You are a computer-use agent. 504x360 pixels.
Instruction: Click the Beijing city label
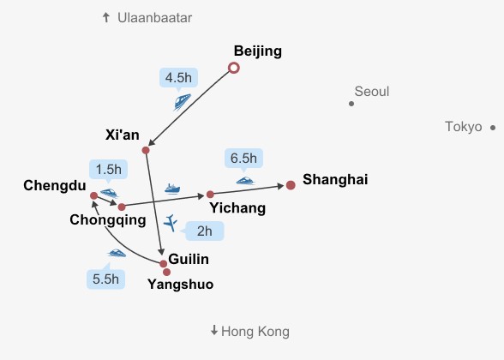click(x=258, y=51)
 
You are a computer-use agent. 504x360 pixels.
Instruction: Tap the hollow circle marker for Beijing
click(x=234, y=68)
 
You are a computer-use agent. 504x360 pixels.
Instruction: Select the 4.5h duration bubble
click(x=178, y=77)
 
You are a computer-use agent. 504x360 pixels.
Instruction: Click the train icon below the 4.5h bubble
click(x=183, y=101)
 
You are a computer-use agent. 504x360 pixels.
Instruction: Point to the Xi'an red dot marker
click(x=146, y=150)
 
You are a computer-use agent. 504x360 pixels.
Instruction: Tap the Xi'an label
click(x=122, y=135)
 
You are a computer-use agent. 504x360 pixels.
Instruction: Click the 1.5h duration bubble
click(x=108, y=169)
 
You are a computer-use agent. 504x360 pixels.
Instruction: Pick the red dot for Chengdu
click(x=94, y=195)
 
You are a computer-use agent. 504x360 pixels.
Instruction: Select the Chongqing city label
click(x=108, y=220)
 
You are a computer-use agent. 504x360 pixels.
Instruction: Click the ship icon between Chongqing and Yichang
click(x=172, y=189)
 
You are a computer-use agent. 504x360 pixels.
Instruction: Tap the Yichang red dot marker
click(x=210, y=195)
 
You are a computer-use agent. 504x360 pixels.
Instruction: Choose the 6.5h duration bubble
click(x=243, y=158)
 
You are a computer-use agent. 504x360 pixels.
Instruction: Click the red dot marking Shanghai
click(x=291, y=185)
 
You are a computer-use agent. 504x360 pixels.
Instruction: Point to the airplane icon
click(x=171, y=223)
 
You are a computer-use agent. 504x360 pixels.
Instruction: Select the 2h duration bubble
click(x=204, y=231)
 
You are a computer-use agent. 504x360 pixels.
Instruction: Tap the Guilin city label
click(x=189, y=259)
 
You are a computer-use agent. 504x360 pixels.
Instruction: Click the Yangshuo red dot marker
click(x=166, y=273)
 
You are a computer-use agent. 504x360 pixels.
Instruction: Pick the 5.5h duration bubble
click(x=105, y=279)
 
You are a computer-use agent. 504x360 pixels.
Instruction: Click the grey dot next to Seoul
click(x=351, y=104)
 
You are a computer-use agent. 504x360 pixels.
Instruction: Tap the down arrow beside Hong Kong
click(x=214, y=330)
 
